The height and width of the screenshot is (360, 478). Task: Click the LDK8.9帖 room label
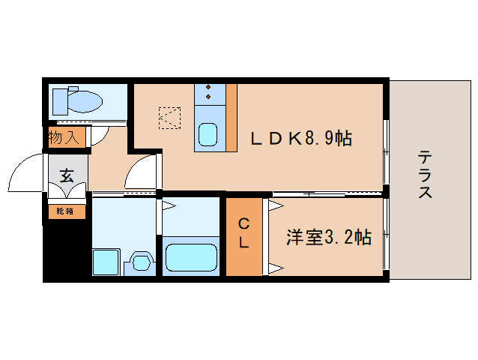[300, 138]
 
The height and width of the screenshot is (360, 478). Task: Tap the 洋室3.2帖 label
[328, 237]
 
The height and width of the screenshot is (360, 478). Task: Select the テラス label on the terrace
[425, 174]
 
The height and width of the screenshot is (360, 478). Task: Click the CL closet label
[244, 233]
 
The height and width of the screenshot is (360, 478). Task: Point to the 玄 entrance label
[67, 176]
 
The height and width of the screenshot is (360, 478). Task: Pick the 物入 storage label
[64, 138]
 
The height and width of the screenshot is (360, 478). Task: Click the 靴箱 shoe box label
[65, 211]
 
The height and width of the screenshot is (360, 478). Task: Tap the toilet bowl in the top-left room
[86, 100]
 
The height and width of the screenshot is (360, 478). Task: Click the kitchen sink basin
[208, 136]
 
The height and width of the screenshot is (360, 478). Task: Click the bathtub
[191, 257]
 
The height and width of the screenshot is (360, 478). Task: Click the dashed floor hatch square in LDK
[169, 118]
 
